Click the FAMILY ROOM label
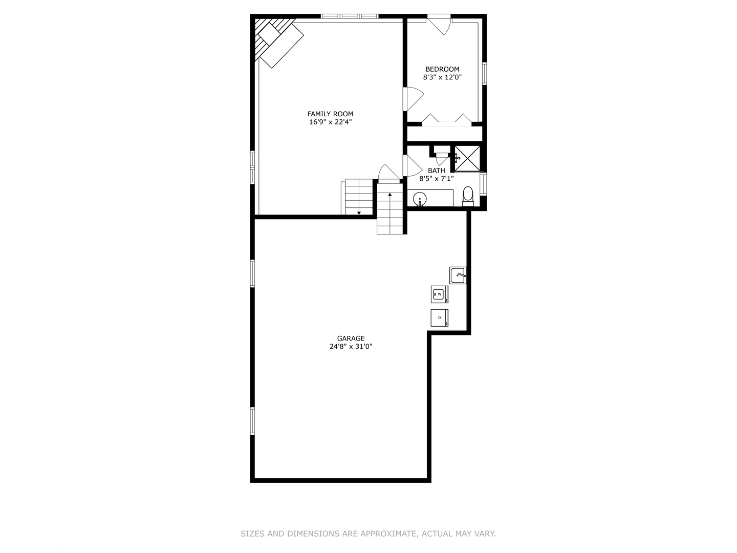[x=330, y=114]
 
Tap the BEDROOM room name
[x=442, y=69]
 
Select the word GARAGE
[x=351, y=338]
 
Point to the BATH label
[x=437, y=171]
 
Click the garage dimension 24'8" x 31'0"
[x=351, y=347]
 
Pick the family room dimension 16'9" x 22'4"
[x=330, y=122]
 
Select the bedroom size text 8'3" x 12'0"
[x=442, y=77]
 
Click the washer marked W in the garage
[x=439, y=294]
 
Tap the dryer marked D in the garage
[x=439, y=317]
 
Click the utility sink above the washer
[x=458, y=275]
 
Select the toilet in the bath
[x=468, y=196]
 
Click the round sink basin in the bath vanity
[x=420, y=198]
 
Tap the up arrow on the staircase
[x=390, y=195]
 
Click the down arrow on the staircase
[x=359, y=212]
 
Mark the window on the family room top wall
[x=350, y=16]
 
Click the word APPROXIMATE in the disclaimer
[x=388, y=534]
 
